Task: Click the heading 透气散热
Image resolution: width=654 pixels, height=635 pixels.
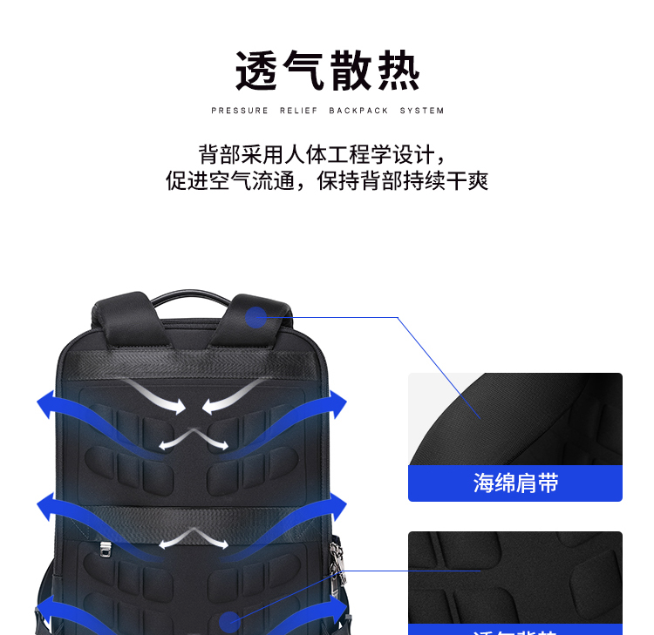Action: [x=327, y=71]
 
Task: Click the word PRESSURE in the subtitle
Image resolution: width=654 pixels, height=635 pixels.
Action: [x=240, y=111]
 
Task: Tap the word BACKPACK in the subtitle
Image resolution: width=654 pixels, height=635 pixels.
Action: [x=358, y=111]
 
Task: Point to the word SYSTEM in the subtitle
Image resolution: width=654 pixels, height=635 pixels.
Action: [x=422, y=111]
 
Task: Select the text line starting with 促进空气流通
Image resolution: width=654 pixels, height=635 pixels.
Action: [x=327, y=181]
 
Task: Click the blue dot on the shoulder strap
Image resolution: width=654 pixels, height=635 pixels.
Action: [x=255, y=317]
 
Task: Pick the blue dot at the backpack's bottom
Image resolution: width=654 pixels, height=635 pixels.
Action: [x=230, y=621]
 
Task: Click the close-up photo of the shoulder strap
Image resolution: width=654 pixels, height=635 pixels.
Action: [x=515, y=418]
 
